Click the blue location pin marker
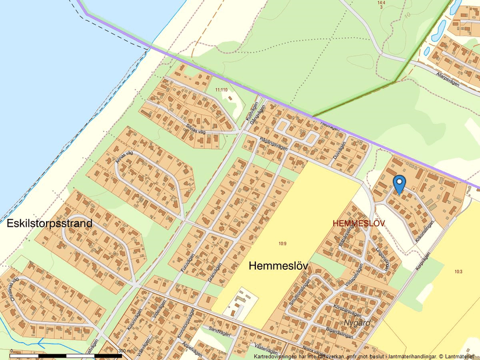(399, 184)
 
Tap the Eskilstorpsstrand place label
(49, 223)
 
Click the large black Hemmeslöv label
(278, 266)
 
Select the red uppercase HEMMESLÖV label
(360, 223)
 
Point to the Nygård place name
(357, 322)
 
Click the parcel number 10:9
(282, 244)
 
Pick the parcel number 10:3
(458, 272)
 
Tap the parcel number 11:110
(221, 90)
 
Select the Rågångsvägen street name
(272, 148)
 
